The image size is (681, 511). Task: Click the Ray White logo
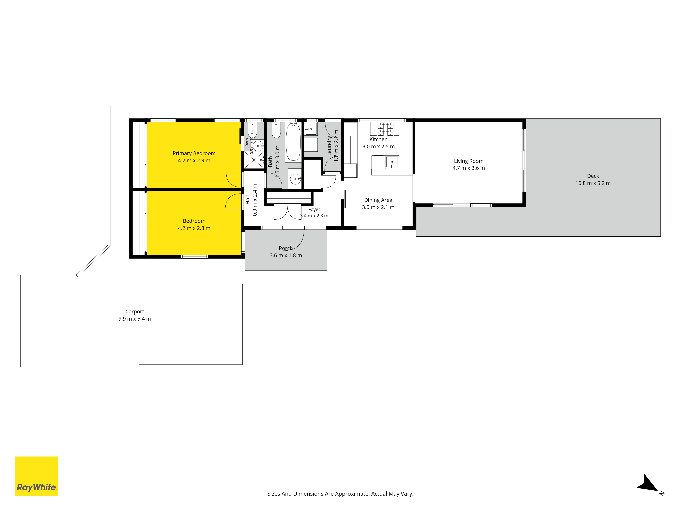37,476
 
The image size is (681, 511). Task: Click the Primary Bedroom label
194,153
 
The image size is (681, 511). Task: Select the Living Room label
469,161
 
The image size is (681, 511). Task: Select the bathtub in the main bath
293,142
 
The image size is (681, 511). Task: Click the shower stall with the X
254,160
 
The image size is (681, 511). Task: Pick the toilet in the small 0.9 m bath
252,129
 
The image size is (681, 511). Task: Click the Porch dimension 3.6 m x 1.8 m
286,255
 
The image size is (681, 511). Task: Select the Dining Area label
378,200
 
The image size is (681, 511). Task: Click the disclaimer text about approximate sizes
340,494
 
